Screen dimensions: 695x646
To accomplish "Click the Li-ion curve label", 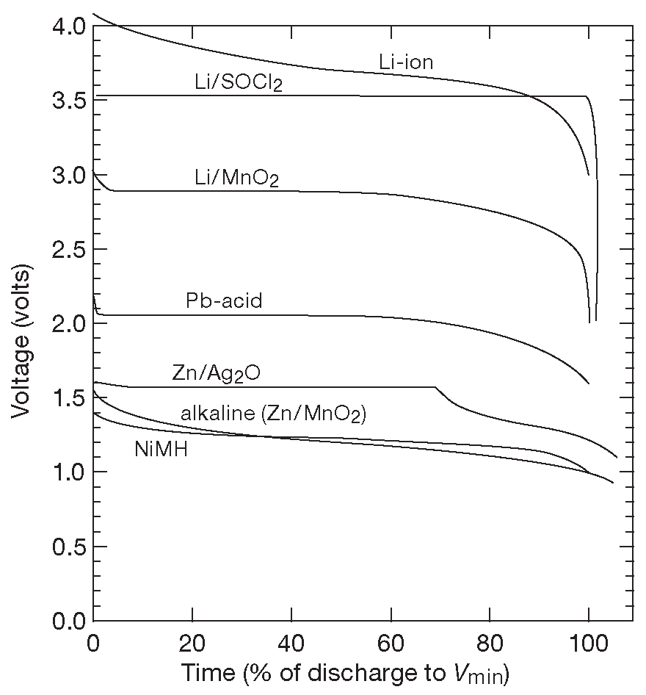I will (406, 62).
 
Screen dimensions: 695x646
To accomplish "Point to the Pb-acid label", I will (224, 301).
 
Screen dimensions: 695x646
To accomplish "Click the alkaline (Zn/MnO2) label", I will (273, 414).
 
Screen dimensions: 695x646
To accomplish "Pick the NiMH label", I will (161, 449).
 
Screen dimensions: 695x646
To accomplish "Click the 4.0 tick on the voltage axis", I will (68, 26).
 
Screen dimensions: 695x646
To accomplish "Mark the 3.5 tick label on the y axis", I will (68, 101).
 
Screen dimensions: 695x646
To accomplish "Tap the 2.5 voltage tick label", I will (68, 250).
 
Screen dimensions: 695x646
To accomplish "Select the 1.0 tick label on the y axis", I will (68, 472).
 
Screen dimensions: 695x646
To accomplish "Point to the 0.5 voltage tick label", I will (68, 547).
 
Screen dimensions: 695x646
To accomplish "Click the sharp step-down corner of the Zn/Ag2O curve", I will (436, 387).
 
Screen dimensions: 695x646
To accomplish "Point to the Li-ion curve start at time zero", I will (93, 14).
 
